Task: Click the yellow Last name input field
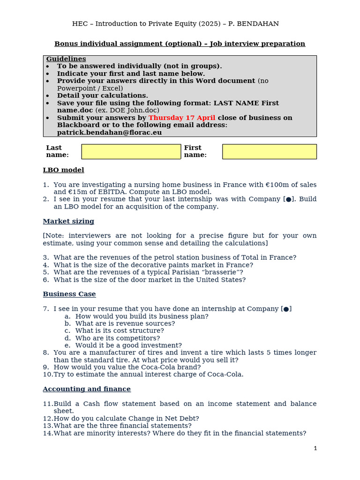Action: (x=131, y=151)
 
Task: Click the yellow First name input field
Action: (x=269, y=151)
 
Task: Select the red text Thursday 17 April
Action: (x=182, y=118)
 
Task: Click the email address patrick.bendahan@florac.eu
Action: (x=109, y=132)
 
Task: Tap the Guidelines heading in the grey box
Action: (x=66, y=59)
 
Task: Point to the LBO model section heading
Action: (x=63, y=170)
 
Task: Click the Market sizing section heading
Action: (x=68, y=221)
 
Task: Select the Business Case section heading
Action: (x=69, y=294)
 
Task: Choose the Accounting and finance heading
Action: (x=87, y=389)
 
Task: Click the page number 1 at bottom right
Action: (x=315, y=448)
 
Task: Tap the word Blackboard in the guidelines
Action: (x=79, y=125)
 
